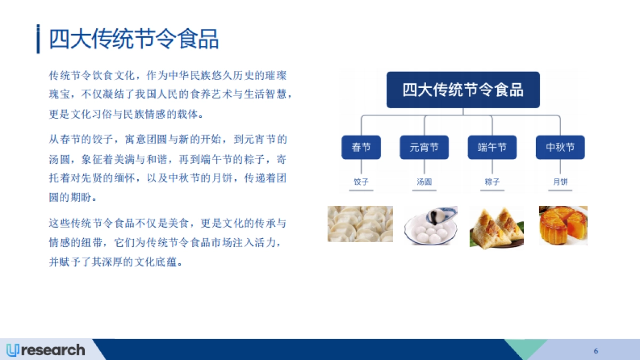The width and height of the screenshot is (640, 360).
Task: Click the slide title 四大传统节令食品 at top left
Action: pos(134,39)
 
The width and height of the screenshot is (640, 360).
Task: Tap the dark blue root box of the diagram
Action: pos(463,90)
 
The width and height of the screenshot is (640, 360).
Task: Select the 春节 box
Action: pos(361,147)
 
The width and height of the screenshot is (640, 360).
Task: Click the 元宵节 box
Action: pos(424,147)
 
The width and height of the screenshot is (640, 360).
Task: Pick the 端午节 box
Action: pos(492,147)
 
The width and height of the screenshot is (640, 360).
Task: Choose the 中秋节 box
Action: pos(560,147)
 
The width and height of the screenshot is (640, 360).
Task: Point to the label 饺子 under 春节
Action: pos(361,182)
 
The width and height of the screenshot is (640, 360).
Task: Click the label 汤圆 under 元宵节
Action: pos(424,182)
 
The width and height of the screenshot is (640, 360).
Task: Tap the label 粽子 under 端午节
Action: pos(492,182)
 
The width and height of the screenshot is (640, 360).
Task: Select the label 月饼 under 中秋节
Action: pos(560,182)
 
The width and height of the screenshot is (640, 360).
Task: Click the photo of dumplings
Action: pos(360,224)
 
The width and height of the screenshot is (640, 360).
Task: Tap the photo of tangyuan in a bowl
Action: pos(430,226)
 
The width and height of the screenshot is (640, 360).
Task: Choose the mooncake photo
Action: pos(563,226)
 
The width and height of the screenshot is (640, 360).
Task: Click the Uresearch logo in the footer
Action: pos(46,350)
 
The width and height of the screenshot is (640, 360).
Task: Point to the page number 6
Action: pos(596,350)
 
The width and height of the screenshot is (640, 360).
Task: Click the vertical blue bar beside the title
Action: pos(38,39)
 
